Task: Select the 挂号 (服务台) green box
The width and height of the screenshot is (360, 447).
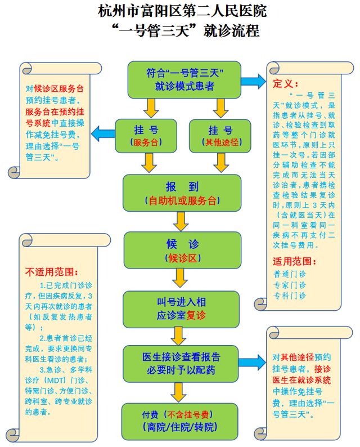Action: (145, 136)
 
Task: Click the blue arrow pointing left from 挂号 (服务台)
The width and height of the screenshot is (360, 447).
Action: (102, 134)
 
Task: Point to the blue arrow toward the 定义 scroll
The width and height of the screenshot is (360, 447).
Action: (254, 80)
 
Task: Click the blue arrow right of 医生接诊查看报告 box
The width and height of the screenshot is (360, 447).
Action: (253, 360)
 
